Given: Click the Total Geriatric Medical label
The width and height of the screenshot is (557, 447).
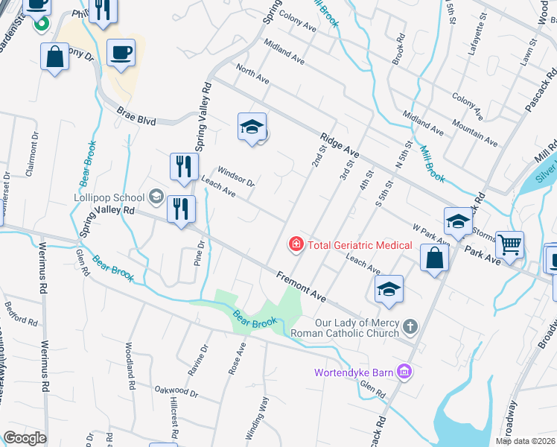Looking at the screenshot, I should pyautogui.click(x=360, y=244).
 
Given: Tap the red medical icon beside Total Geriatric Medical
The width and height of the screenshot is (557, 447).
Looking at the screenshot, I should pyautogui.click(x=296, y=244).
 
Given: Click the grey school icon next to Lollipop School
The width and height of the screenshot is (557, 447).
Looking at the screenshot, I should pyautogui.click(x=156, y=197).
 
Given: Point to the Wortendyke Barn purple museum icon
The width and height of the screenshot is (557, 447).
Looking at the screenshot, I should pyautogui.click(x=404, y=371).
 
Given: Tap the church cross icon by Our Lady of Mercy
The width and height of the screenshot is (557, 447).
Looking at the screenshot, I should pyautogui.click(x=409, y=327).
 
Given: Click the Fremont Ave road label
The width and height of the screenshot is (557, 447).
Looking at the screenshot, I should pyautogui.click(x=301, y=286).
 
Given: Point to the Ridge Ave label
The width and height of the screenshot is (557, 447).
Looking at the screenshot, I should pyautogui.click(x=340, y=145).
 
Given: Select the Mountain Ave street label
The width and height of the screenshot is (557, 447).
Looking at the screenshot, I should pyautogui.click(x=474, y=131).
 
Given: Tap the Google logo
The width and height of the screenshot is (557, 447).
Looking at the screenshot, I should pyautogui.click(x=25, y=438).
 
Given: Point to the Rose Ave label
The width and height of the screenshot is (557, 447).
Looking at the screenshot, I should pyautogui.click(x=238, y=359).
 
